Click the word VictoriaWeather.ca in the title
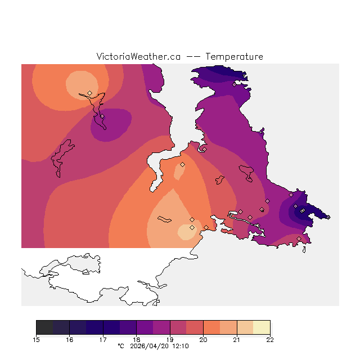(x=138, y=57)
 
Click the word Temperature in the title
(x=234, y=57)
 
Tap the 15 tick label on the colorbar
(x=36, y=340)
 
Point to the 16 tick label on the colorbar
(x=69, y=340)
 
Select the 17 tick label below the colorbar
(x=103, y=340)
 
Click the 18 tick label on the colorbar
(x=136, y=340)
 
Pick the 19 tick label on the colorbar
(x=170, y=340)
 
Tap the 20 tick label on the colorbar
(x=203, y=340)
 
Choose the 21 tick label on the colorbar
(x=237, y=340)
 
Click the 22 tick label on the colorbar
(x=270, y=340)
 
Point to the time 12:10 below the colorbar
(x=180, y=346)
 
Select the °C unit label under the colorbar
(x=120, y=346)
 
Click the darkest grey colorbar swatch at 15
(x=44, y=327)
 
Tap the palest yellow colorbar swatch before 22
(x=262, y=327)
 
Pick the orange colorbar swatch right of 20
(x=211, y=327)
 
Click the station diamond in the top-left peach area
(x=89, y=93)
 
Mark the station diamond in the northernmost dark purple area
(x=234, y=84)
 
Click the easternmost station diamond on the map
(x=328, y=217)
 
